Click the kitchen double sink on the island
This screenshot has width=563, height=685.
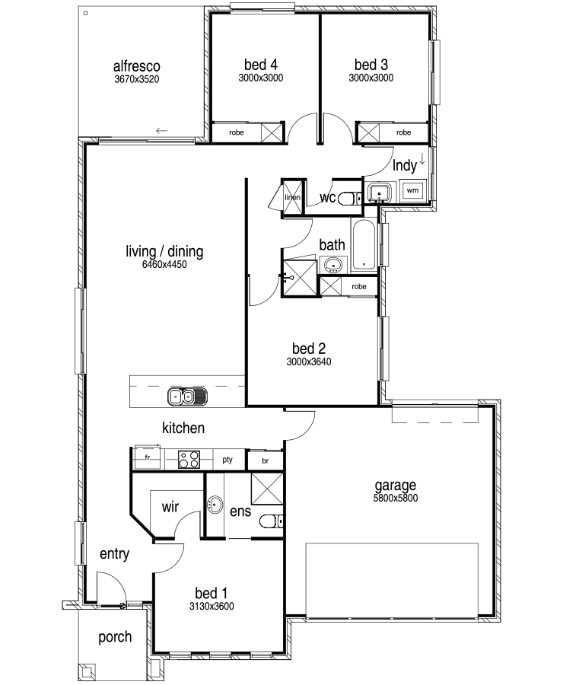[x=187, y=397]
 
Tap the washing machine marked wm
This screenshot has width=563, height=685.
[x=412, y=190]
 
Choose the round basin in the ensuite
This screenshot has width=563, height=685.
[x=215, y=505]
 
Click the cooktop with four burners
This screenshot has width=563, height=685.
[x=189, y=460]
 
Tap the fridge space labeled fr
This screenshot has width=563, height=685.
[x=147, y=457]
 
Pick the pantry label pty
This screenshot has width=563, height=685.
[x=227, y=460]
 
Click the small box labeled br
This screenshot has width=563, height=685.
[x=265, y=461]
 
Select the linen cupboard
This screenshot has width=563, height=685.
[x=293, y=197]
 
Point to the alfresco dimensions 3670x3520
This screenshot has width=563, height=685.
[x=137, y=79]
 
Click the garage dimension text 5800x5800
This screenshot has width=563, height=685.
[x=396, y=498]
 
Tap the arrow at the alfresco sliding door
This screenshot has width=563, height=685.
[x=161, y=131]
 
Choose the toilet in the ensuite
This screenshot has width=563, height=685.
[x=272, y=521]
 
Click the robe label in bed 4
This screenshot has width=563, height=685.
[x=237, y=132]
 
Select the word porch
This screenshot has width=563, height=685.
[x=115, y=637]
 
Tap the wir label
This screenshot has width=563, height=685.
[x=170, y=507]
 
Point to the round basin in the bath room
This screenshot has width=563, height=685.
[x=334, y=265]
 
